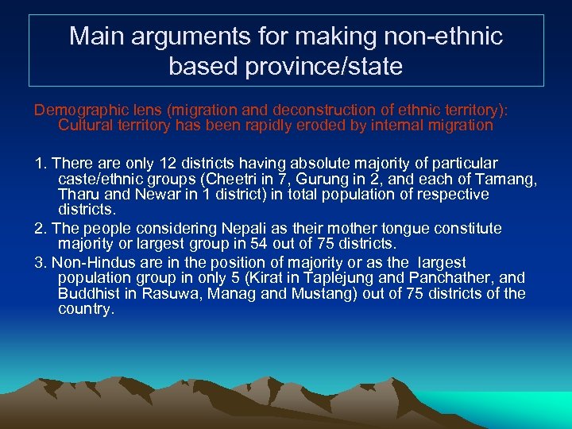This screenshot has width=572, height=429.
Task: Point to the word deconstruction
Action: tap(296, 109)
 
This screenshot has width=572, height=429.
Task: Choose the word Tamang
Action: tap(508, 179)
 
